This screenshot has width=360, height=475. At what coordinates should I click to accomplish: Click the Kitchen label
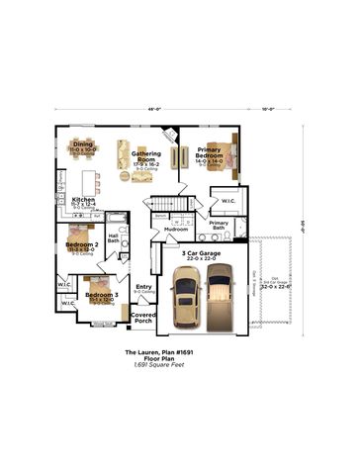pyautogui.click(x=83, y=201)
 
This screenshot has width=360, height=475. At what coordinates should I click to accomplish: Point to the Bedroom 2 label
pyautogui.click(x=80, y=245)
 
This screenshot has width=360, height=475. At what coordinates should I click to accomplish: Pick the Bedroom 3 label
pyautogui.click(x=101, y=295)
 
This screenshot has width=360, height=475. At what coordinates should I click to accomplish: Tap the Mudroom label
pyautogui.click(x=176, y=229)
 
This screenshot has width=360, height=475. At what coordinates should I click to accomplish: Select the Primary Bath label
pyautogui.click(x=220, y=225)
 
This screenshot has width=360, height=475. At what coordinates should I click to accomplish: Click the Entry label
pyautogui.click(x=143, y=288)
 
